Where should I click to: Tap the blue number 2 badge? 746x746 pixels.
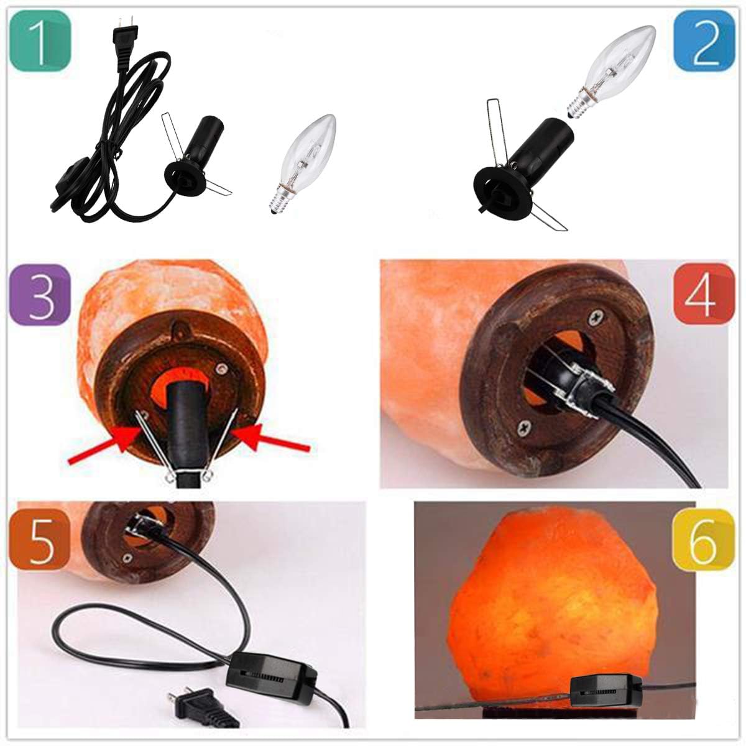[705, 42]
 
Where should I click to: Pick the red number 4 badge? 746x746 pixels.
[701, 295]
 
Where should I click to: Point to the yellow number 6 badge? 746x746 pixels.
[701, 539]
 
